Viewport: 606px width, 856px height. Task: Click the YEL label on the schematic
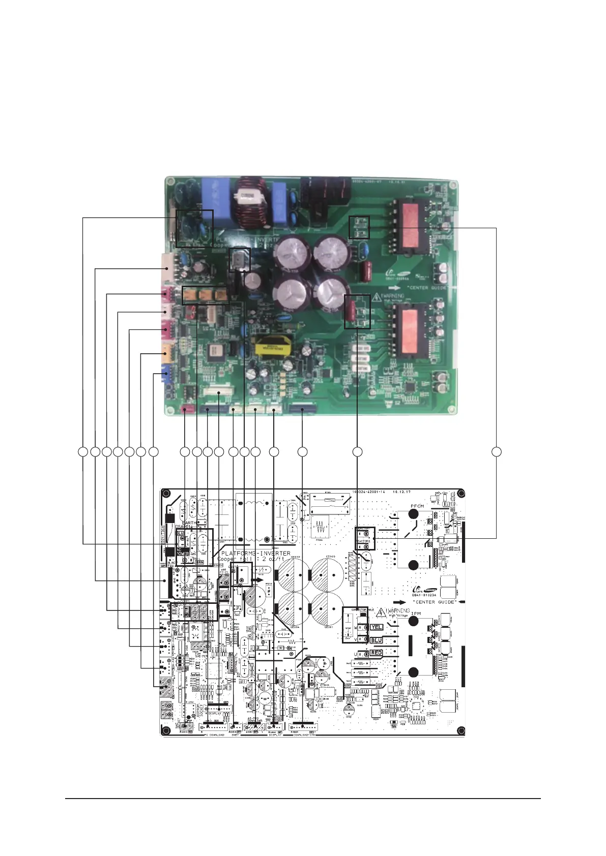[377, 627]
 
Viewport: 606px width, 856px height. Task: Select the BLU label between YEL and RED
[377, 640]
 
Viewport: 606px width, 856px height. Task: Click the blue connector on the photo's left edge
[165, 376]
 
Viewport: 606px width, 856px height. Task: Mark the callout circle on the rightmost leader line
[496, 451]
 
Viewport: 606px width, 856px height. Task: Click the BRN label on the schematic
[199, 563]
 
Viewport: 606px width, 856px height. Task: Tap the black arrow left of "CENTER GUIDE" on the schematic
[403, 601]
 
